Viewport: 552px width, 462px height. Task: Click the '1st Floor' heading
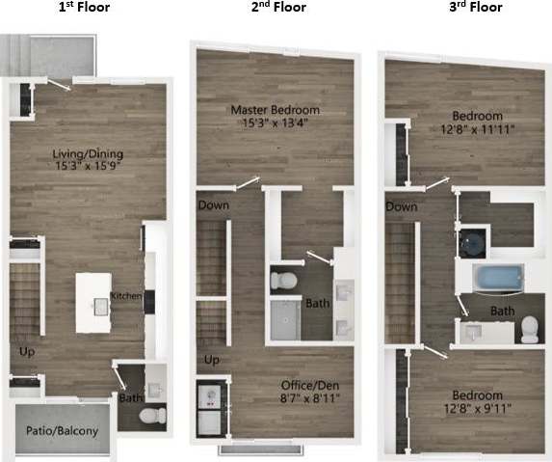point(85,8)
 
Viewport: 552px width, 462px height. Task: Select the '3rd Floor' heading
point(476,8)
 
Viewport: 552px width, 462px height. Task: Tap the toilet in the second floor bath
point(282,282)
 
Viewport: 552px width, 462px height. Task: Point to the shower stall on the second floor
point(286,319)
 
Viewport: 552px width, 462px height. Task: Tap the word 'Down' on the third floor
point(401,206)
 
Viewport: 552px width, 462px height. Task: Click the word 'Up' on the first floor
point(26,352)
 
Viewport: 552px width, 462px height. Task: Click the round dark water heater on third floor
point(474,242)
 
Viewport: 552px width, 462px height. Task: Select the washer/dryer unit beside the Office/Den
point(209,409)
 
